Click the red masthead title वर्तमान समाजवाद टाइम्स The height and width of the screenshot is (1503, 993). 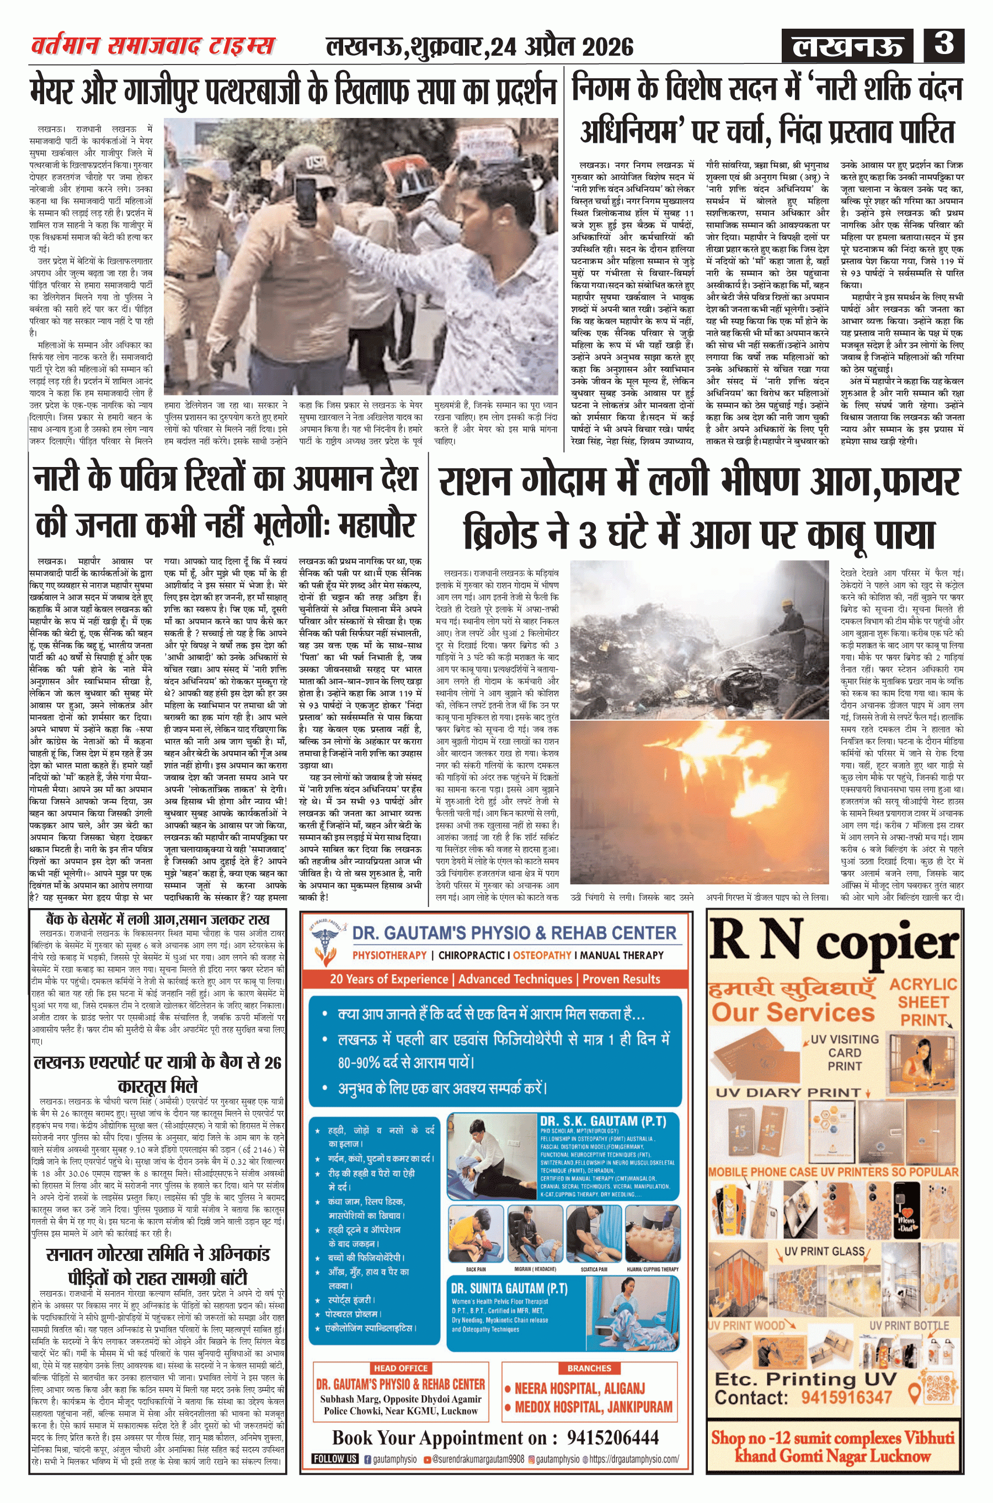[x=153, y=46]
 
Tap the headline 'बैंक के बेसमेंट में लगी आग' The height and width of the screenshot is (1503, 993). [x=158, y=920]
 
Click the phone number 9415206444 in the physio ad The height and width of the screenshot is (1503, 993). [x=612, y=1438]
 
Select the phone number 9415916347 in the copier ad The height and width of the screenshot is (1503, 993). [x=846, y=1397]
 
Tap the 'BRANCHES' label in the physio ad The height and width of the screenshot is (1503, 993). [x=589, y=1368]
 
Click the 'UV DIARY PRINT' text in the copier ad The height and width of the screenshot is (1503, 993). [x=788, y=1092]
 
